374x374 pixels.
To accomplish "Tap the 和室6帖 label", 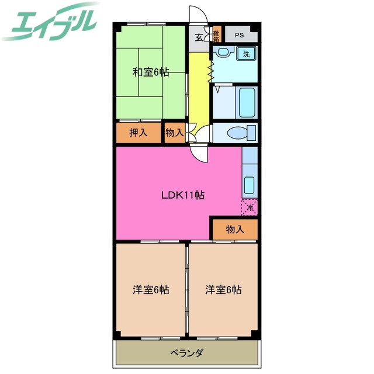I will pos(151,72).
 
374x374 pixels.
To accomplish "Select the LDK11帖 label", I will pos(182,196).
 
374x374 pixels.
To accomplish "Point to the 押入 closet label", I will pos(138,133).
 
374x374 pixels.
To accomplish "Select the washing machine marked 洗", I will pos(246,54).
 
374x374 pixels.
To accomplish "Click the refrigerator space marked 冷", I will pos(250,207).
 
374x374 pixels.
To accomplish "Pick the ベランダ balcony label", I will pos(187,353).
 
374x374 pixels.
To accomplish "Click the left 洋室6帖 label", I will pos(151,289).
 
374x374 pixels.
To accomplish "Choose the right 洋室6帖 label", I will pos(223,289).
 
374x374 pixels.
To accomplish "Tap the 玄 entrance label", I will pos(199,38).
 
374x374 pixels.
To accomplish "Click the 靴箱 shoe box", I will pos(216,36).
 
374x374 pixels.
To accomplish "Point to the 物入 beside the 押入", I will pos(174,133).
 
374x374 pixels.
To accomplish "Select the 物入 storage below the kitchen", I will pos(234,229).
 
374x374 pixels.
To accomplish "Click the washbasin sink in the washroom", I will pos(223,53).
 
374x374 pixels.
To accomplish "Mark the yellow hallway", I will pos(199,88).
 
